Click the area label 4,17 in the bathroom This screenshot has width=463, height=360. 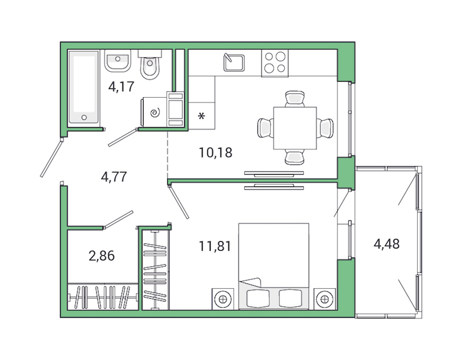click(122, 88)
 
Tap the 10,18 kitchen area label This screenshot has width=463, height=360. click(210, 153)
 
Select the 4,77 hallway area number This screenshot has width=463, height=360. click(113, 177)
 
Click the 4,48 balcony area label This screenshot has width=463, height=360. click(387, 244)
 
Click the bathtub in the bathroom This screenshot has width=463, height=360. click(84, 86)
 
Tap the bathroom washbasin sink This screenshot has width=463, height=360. click(119, 60)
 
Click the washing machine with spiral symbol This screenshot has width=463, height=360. click(155, 112)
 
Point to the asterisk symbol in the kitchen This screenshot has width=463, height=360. click(202, 117)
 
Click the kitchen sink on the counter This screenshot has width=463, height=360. click(234, 61)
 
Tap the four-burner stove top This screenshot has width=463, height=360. click(275, 63)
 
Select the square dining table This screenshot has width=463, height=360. click(295, 128)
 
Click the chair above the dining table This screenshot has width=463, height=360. click(295, 98)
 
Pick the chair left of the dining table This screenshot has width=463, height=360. click(265, 127)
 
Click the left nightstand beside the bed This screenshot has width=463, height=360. click(222, 299)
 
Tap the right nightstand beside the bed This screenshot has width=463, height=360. click(325, 299)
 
